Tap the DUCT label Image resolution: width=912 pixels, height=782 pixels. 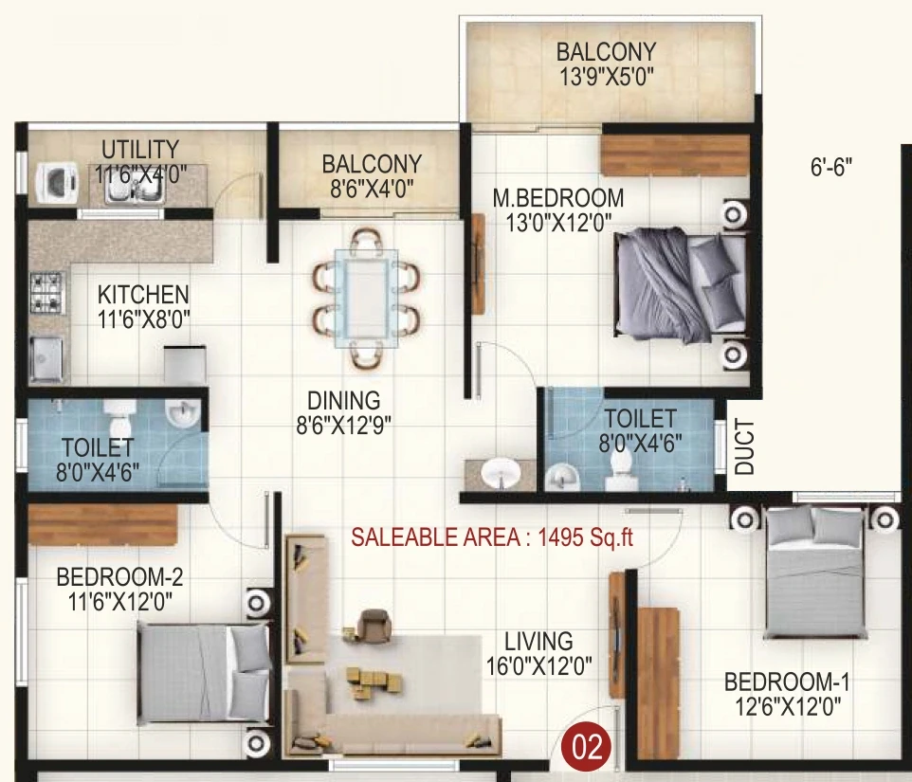click(x=744, y=446)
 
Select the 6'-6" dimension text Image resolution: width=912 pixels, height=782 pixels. click(x=831, y=168)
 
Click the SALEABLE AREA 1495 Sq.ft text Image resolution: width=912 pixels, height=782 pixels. click(x=492, y=537)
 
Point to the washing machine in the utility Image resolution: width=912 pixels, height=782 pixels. click(x=58, y=182)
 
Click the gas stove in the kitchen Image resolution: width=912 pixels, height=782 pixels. click(x=46, y=293)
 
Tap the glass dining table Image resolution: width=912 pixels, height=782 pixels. click(x=367, y=299)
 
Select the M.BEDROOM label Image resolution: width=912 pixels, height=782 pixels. click(x=557, y=198)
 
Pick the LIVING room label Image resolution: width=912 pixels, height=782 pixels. click(x=538, y=642)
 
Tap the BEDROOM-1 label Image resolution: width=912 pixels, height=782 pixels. click(x=787, y=682)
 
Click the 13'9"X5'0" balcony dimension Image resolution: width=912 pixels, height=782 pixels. click(x=607, y=77)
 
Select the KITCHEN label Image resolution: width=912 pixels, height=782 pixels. click(x=143, y=294)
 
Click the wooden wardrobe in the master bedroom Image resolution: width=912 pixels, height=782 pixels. click(x=674, y=155)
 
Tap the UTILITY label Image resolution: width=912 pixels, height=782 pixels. click(x=140, y=150)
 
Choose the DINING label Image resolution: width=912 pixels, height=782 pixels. click(x=344, y=401)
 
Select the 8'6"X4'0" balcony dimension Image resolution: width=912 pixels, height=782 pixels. click(x=372, y=189)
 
